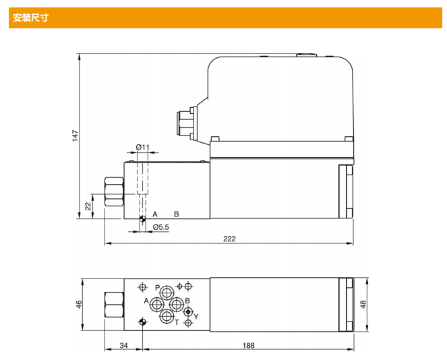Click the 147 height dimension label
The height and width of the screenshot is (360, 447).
tap(75, 136)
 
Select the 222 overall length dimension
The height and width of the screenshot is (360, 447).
tap(229, 239)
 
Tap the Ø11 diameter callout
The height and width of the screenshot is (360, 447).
tap(142, 147)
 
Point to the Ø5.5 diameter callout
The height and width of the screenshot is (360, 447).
tap(160, 227)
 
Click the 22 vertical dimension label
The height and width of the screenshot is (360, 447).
tap(88, 206)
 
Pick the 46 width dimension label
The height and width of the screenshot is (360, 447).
tap(79, 304)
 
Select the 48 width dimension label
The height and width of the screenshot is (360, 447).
tap(363, 305)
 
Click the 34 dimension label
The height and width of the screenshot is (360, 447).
tap(123, 345)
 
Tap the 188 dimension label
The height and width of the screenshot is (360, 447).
tap(248, 345)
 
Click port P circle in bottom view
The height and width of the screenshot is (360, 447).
tap(167, 293)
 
